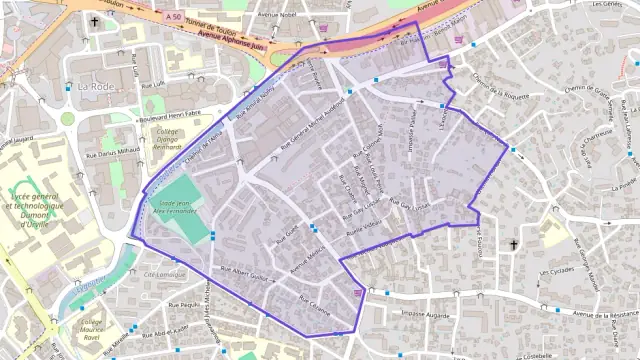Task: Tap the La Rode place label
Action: point(96,87)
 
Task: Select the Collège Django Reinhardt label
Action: point(167,140)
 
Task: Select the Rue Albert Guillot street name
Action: point(246,273)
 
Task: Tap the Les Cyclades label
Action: point(556,271)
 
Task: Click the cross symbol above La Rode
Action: point(96,21)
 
